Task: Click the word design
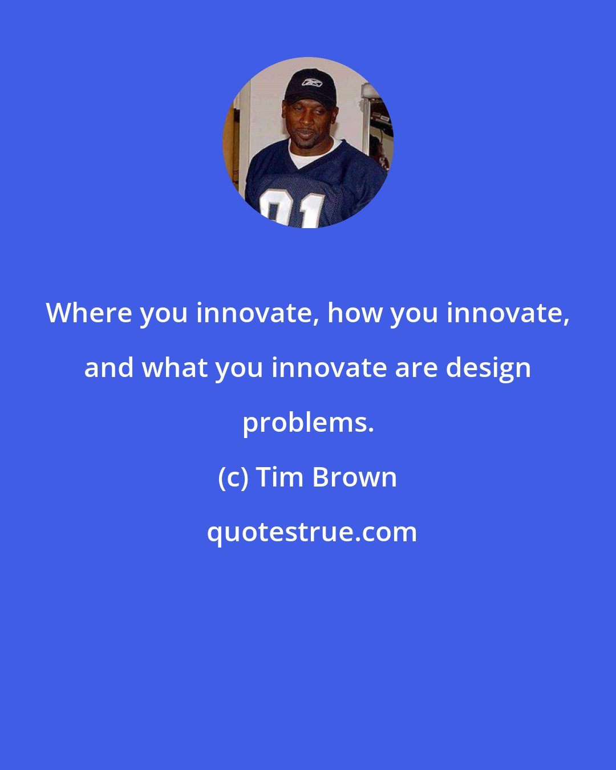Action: (488, 367)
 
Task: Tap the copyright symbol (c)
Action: (233, 477)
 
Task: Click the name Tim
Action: (278, 477)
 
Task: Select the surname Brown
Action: (354, 477)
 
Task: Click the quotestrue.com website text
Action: (311, 532)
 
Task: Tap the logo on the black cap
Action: (312, 82)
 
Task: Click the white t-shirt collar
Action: (308, 155)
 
